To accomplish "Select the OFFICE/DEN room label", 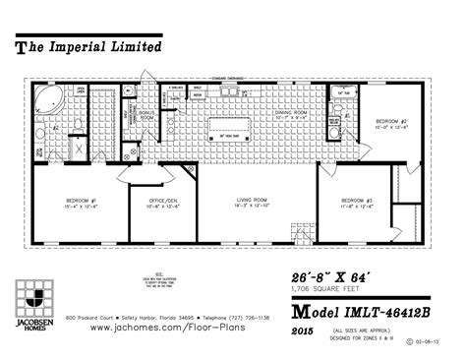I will coord(163,204).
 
